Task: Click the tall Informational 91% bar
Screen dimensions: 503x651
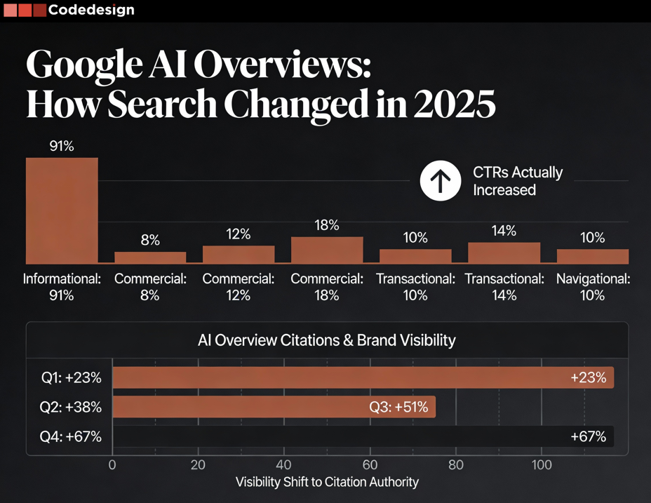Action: [62, 210]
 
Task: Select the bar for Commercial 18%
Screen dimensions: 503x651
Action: [327, 249]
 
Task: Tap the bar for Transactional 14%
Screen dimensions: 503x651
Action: [504, 252]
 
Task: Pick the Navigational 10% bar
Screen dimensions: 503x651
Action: [592, 255]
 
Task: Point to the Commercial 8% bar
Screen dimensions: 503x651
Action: [150, 256]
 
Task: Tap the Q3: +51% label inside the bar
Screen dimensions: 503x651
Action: [398, 407]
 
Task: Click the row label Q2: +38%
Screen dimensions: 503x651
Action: [71, 407]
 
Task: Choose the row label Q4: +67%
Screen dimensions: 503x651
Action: [71, 436]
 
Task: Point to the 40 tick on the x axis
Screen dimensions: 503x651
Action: [283, 464]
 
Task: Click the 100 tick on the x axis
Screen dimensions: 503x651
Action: [541, 464]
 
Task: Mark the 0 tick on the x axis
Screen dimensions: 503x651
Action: [112, 464]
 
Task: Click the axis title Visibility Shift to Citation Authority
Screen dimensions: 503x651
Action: [327, 482]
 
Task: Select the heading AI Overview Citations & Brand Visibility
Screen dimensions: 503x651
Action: [327, 340]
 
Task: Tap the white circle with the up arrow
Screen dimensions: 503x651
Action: [441, 180]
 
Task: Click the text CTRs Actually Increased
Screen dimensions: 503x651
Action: [518, 181]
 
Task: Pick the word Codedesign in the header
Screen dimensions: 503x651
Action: [91, 11]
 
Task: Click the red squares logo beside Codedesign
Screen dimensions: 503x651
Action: [25, 11]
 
